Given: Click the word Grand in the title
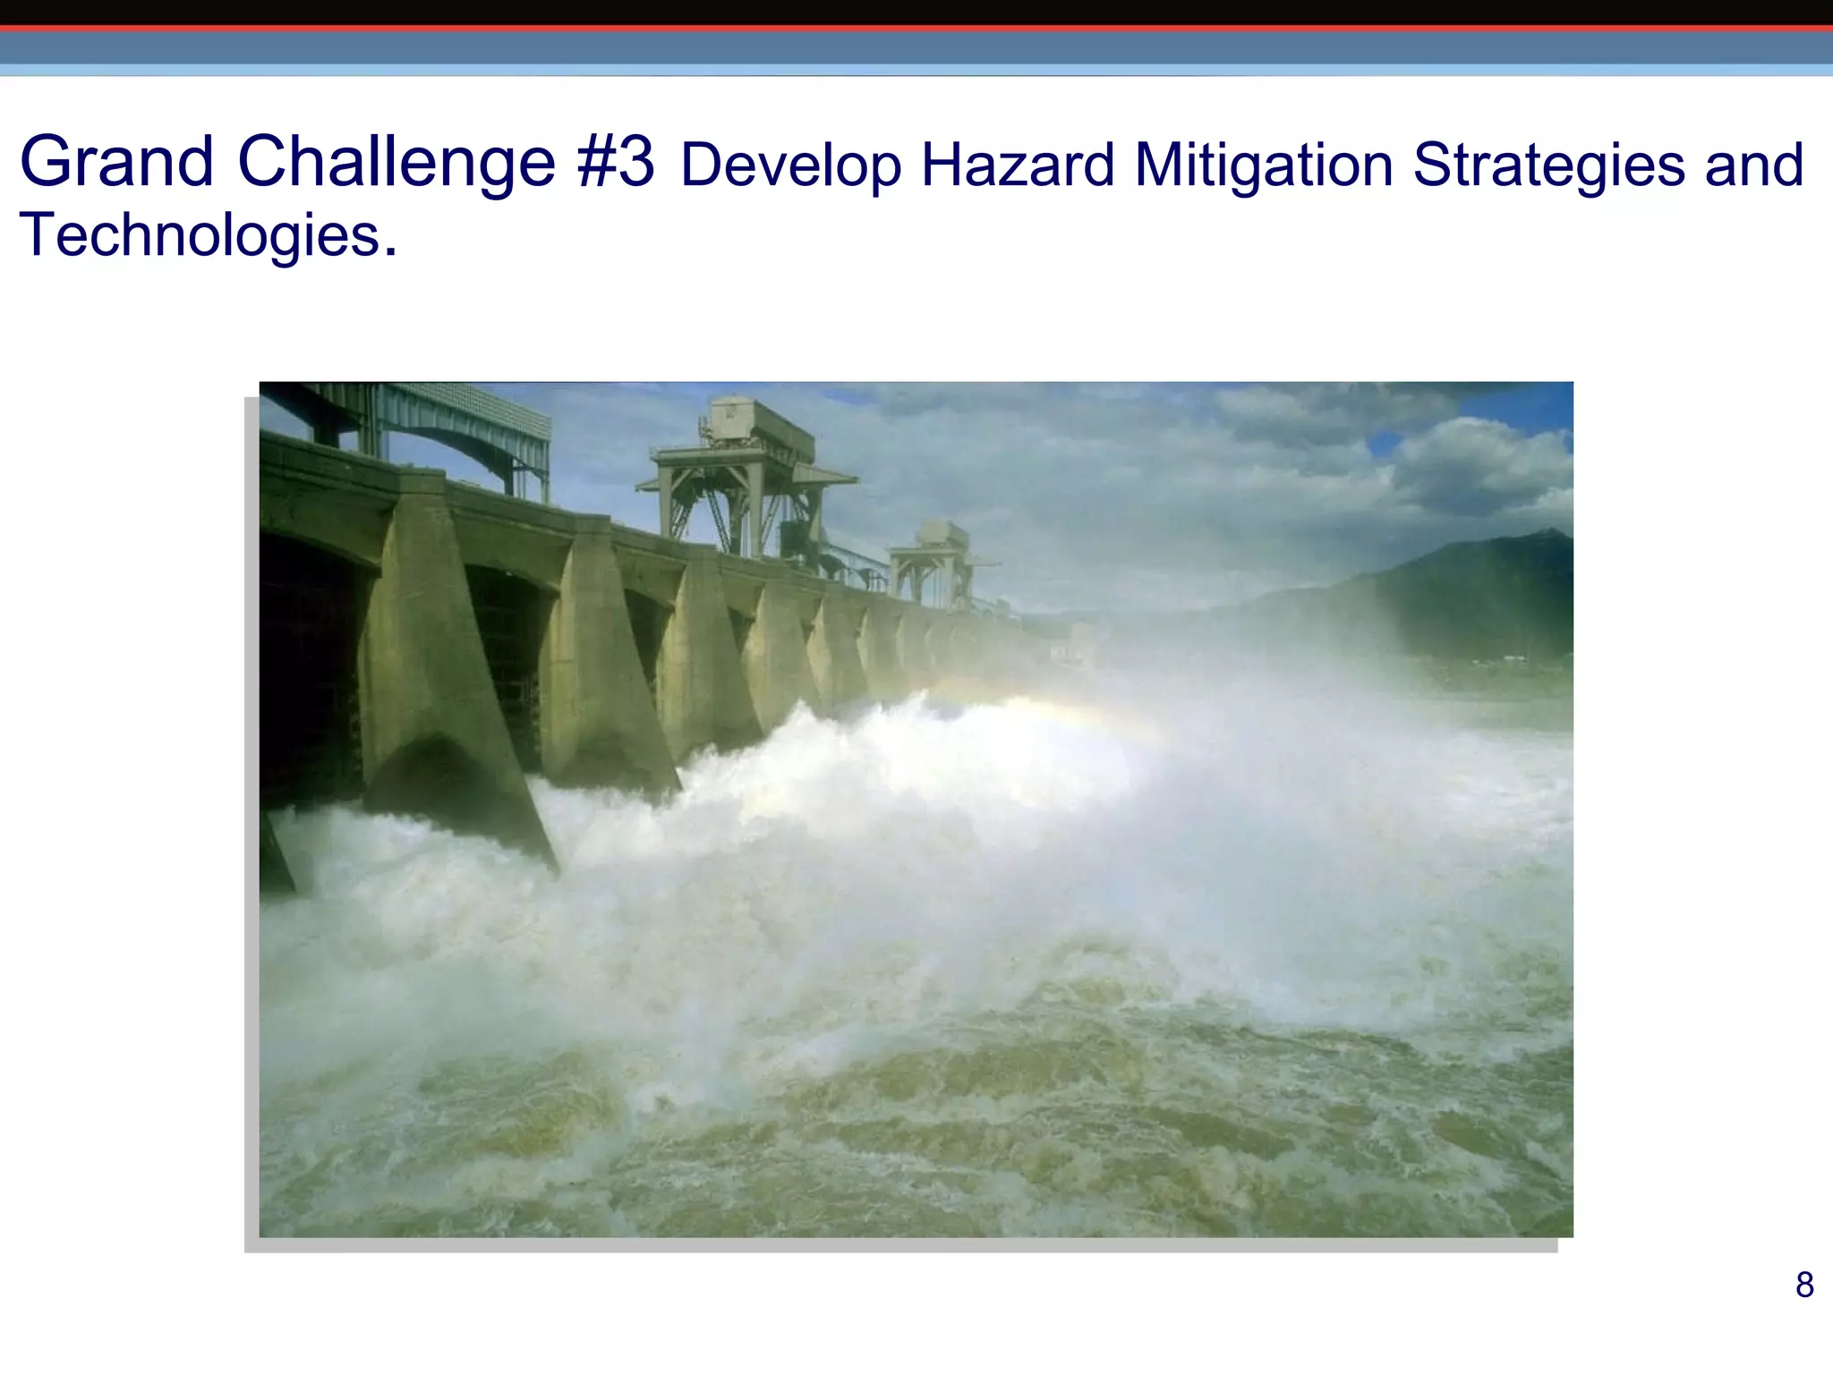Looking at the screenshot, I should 116,162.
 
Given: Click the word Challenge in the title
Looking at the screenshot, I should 396,162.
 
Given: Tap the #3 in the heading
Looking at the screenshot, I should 616,162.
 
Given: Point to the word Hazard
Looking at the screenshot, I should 1018,165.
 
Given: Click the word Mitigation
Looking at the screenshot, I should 1264,165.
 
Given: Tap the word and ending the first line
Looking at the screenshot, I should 1753,165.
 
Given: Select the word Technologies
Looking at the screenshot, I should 200,235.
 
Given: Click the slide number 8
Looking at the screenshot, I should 1804,1285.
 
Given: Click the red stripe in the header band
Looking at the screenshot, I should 916,29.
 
